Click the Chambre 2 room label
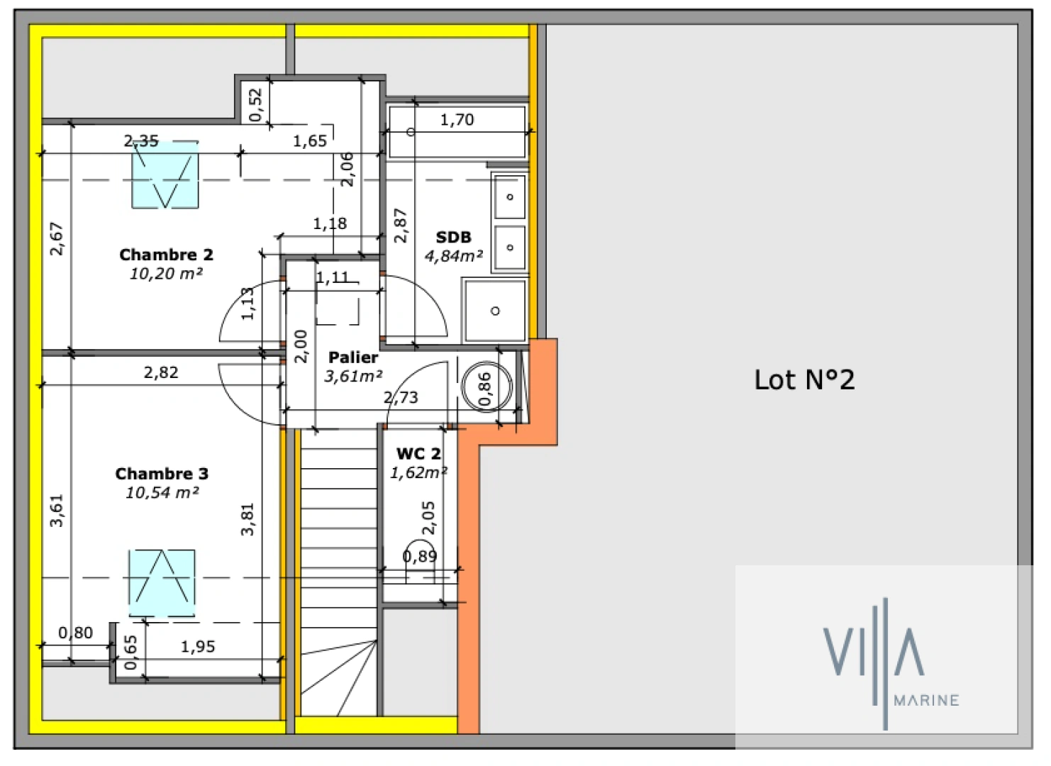coord(166,255)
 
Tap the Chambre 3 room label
coord(162,474)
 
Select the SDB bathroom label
coord(453,237)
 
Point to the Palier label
coord(353,357)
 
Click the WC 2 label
coord(418,454)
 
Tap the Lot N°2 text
coord(804,380)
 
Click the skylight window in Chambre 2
coord(165,175)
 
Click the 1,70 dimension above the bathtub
coord(457,120)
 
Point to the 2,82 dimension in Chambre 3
coord(161,372)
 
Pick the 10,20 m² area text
coord(166,274)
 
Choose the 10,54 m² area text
coord(162,493)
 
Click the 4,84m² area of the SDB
coord(454,256)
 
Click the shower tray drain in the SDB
coord(495,311)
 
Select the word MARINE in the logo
coord(926,701)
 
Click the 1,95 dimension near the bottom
coord(198,646)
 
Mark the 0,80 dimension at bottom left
coord(75,633)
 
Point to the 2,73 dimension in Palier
coord(401,398)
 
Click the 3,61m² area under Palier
coord(353,377)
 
